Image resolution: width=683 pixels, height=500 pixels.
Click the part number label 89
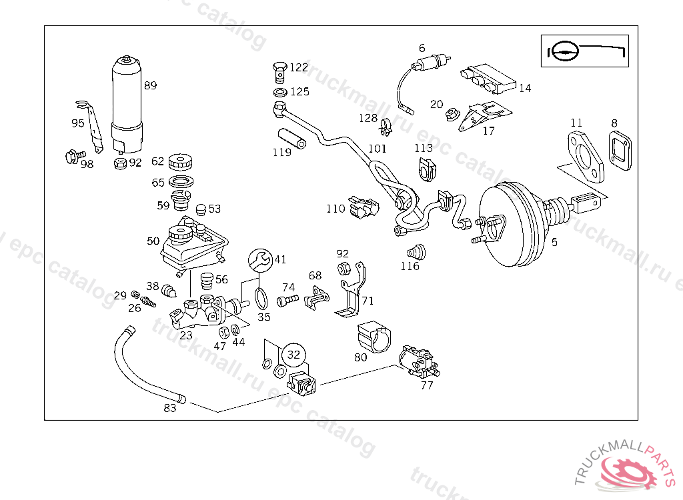(x=150, y=85)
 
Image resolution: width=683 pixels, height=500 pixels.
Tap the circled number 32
(x=293, y=355)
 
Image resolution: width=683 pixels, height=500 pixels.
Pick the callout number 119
(x=282, y=152)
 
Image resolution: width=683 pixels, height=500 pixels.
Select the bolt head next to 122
(x=280, y=67)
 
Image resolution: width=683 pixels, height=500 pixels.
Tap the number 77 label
(x=427, y=385)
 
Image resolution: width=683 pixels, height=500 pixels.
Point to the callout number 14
(x=525, y=88)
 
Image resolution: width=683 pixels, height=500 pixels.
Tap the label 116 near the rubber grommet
(x=410, y=266)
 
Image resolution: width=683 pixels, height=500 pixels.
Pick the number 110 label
(x=335, y=209)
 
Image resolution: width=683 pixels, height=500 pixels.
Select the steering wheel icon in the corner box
(x=563, y=52)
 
